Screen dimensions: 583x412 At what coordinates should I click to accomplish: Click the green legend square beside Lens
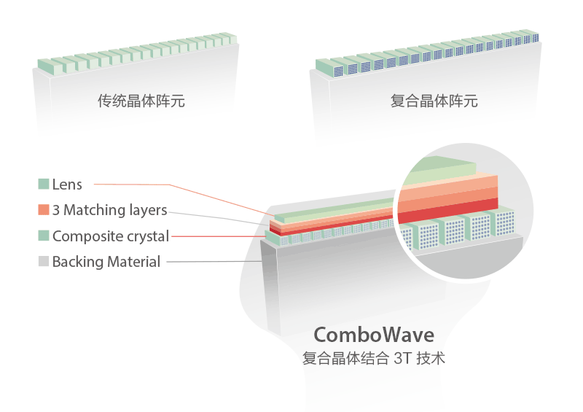point(44,184)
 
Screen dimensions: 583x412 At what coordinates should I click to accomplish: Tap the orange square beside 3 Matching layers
point(44,209)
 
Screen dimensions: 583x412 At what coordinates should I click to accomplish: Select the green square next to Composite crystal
point(44,236)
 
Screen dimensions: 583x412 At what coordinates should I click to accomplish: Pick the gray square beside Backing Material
point(44,261)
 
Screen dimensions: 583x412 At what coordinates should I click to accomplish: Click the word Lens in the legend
point(67,184)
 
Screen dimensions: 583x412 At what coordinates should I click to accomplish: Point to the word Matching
point(95,211)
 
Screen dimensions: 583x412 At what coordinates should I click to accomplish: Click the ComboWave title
point(374,335)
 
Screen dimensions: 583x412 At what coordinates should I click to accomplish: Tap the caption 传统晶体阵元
point(141,101)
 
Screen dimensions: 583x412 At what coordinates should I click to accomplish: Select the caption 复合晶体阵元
point(434,101)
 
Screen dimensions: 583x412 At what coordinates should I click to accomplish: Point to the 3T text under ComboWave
point(402,359)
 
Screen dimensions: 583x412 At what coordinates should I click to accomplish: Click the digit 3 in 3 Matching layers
point(56,210)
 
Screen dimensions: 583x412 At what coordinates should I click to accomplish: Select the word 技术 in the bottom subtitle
point(431,359)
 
